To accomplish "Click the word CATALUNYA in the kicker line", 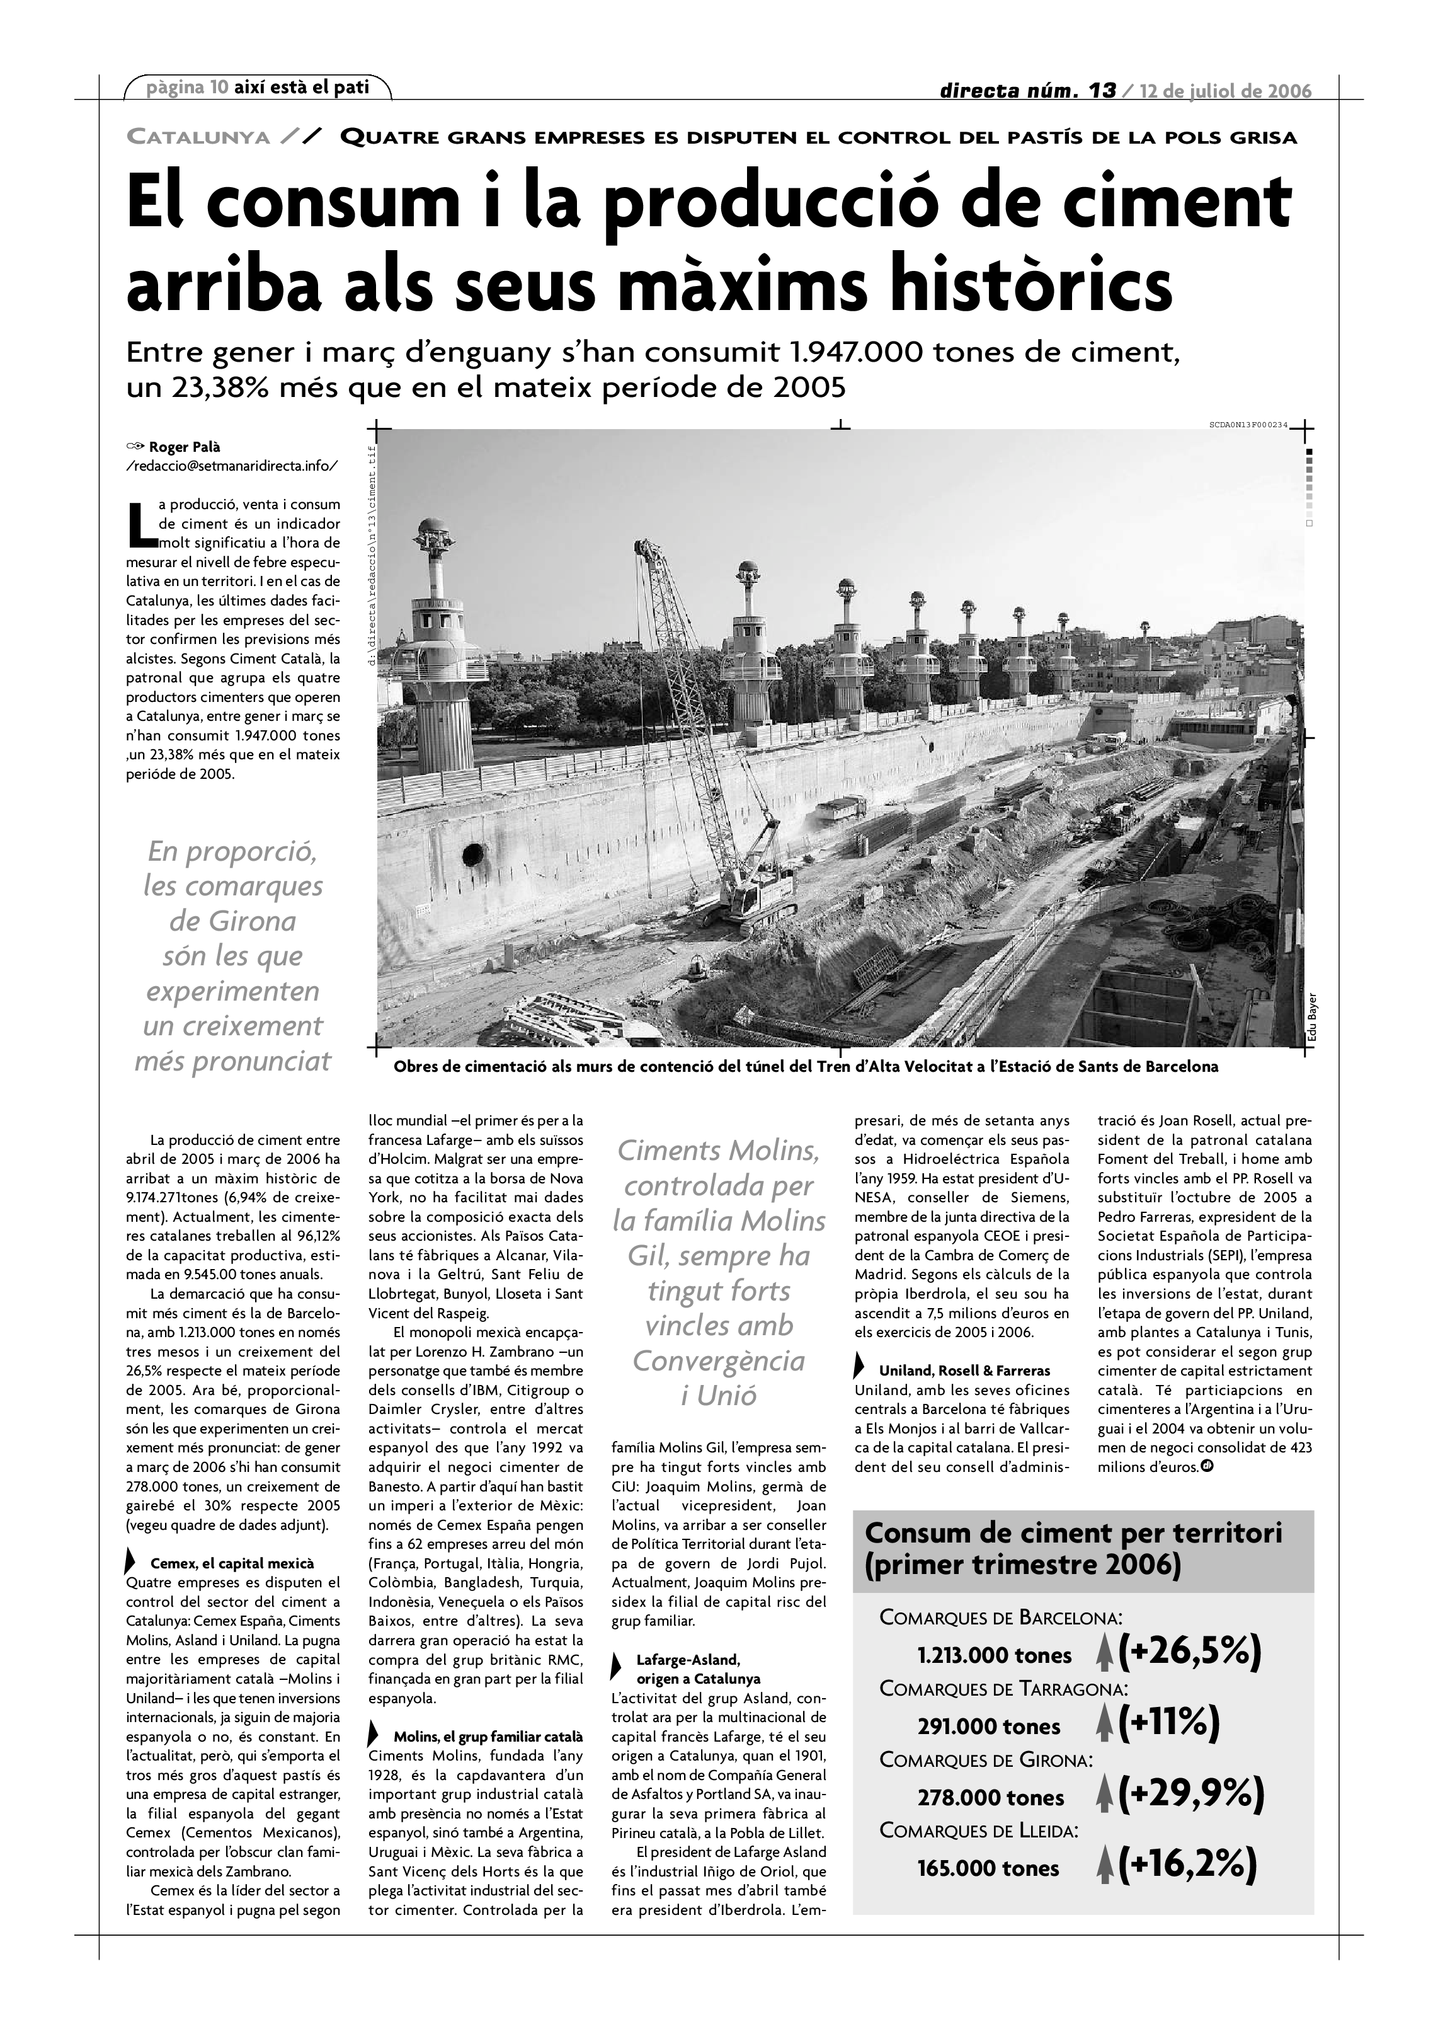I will pyautogui.click(x=198, y=137).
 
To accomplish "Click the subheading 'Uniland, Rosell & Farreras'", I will pyautogui.click(x=964, y=1370).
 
